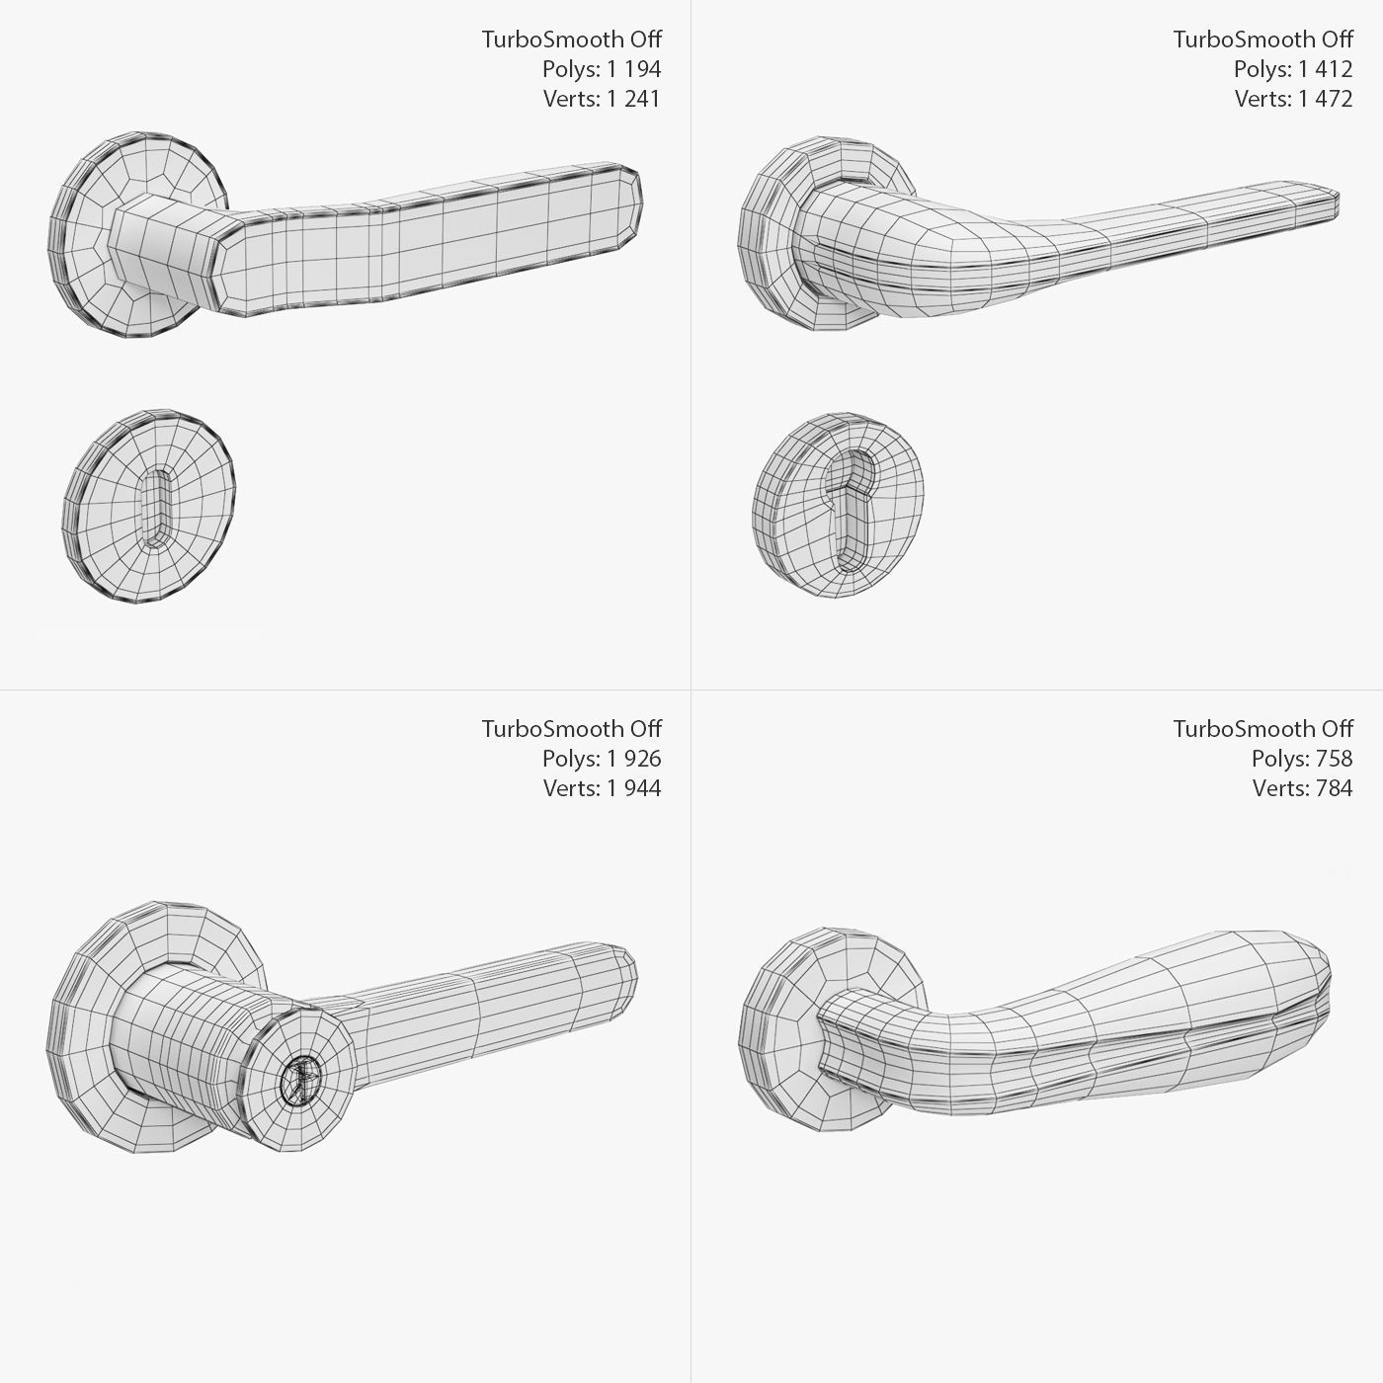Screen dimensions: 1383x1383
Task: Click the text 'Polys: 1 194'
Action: pos(601,69)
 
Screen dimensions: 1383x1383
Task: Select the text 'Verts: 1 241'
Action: pos(601,99)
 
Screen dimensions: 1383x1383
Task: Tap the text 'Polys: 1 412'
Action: pos(1292,69)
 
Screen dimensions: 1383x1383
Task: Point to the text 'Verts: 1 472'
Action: pos(1292,99)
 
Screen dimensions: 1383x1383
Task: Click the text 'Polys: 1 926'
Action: pos(601,759)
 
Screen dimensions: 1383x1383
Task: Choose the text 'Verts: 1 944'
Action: pos(601,788)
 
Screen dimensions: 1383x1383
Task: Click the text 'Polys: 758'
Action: pos(1301,759)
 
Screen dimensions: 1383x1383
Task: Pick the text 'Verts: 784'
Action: pos(1301,788)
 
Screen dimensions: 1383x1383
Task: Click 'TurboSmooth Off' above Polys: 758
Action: pos(1262,729)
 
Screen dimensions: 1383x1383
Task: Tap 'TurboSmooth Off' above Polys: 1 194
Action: pos(571,40)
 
